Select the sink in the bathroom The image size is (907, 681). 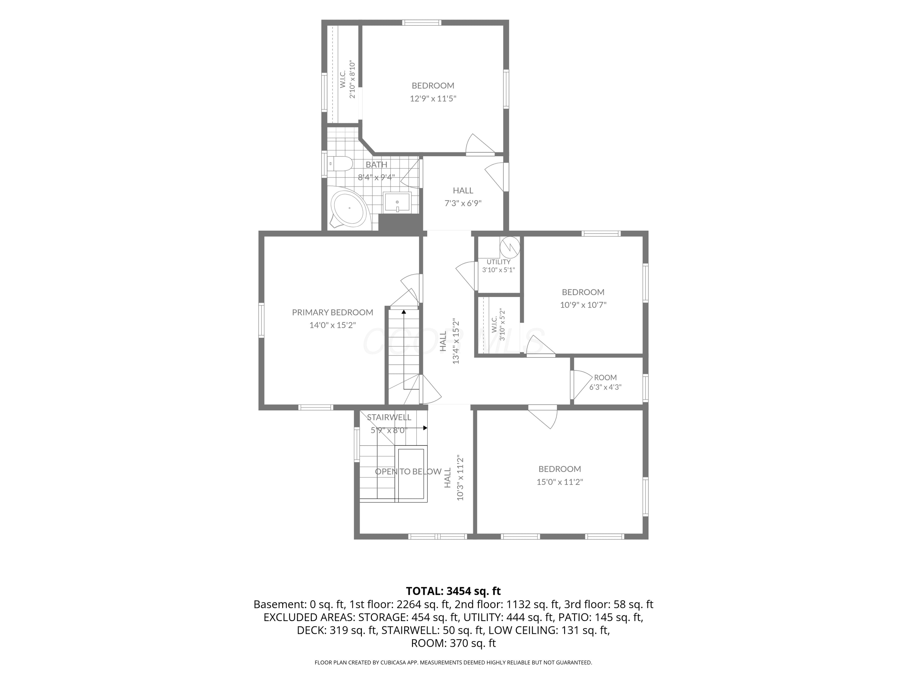(x=397, y=203)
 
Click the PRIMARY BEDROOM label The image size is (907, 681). (x=333, y=312)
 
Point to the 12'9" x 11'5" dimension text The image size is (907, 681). (x=433, y=98)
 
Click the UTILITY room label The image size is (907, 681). (x=499, y=262)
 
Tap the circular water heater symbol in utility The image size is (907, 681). (x=510, y=247)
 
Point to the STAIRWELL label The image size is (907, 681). (x=389, y=417)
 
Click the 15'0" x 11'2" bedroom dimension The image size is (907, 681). (x=560, y=482)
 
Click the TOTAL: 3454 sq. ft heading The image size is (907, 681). (x=453, y=591)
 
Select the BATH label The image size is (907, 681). (x=376, y=165)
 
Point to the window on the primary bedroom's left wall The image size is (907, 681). (x=261, y=320)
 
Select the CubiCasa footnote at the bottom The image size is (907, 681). (x=453, y=662)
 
